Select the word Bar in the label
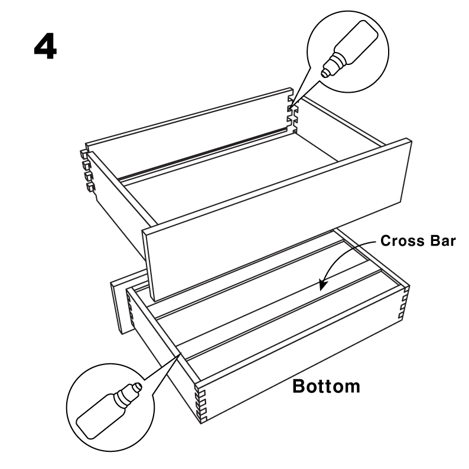tap(442, 241)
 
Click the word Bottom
tap(326, 386)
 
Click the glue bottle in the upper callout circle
tap(349, 49)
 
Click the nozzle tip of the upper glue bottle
tap(324, 73)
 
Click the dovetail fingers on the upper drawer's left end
tap(87, 171)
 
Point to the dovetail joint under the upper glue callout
tap(292, 114)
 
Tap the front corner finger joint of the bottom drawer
tap(201, 404)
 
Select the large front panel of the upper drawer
tap(276, 220)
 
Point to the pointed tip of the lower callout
tap(181, 353)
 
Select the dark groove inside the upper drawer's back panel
tap(203, 154)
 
